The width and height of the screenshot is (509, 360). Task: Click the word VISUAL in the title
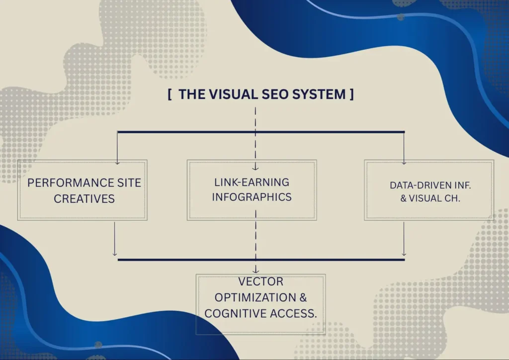coord(233,94)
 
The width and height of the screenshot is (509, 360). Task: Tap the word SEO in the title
coord(274,94)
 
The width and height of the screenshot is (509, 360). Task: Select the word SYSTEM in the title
coord(319,94)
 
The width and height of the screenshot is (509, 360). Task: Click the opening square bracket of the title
coord(170,94)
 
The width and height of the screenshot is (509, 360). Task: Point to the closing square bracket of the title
coord(351,94)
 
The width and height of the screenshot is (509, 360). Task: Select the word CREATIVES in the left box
coord(84,199)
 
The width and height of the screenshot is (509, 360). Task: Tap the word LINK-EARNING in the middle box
coord(252,182)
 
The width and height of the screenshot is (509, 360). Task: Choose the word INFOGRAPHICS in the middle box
coord(252,197)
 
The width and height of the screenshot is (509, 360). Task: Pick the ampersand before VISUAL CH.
coord(403,198)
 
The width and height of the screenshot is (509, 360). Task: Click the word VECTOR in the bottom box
coord(260,281)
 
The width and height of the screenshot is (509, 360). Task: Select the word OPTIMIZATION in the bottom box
coord(255,297)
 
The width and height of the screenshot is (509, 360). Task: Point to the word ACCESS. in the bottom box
coord(293,313)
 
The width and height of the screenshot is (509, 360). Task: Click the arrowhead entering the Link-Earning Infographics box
coord(255,168)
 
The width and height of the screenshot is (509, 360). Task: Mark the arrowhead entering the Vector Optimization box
coord(256,270)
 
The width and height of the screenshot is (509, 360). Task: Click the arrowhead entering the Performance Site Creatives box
coord(117,162)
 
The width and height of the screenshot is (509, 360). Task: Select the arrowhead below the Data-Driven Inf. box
coord(404,254)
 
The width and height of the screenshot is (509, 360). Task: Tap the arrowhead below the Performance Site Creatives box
coord(115,254)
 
